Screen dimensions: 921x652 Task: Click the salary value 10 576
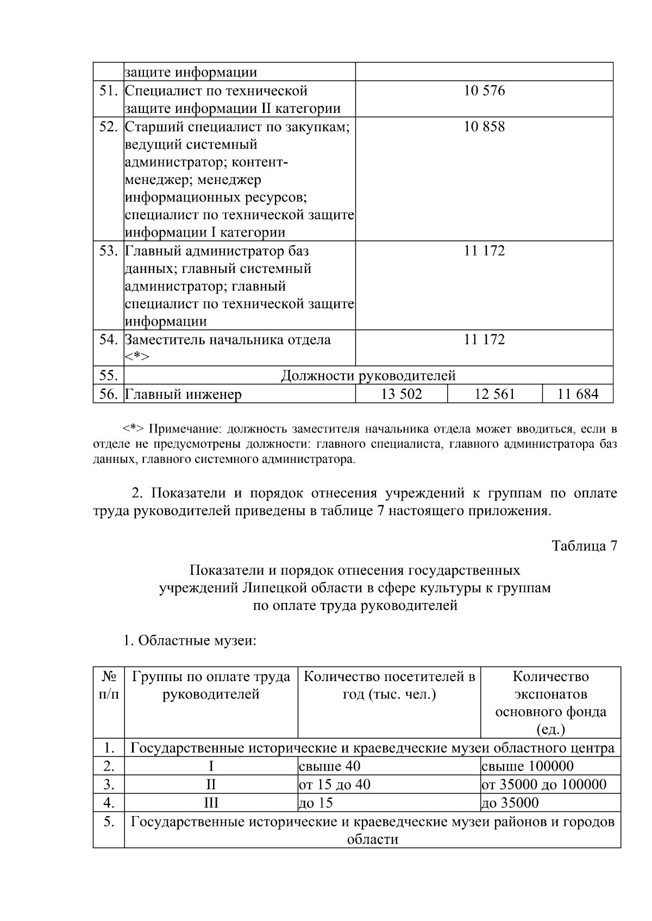pyautogui.click(x=484, y=91)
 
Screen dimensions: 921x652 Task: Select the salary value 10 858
pyautogui.click(x=484, y=127)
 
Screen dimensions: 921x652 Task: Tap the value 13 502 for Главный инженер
pyautogui.click(x=401, y=394)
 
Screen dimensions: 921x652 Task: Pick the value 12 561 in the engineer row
pyautogui.click(x=494, y=394)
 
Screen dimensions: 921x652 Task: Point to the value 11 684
pyautogui.click(x=578, y=394)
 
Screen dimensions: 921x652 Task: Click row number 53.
pyautogui.click(x=109, y=251)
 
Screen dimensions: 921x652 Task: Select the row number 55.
pyautogui.click(x=109, y=376)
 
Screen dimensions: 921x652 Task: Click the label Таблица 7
pyautogui.click(x=584, y=546)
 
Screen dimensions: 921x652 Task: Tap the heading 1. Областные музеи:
pyautogui.click(x=190, y=641)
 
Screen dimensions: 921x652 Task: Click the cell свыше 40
pyautogui.click(x=330, y=766)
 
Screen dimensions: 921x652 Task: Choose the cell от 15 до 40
pyautogui.click(x=335, y=785)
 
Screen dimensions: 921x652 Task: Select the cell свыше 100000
pyautogui.click(x=527, y=766)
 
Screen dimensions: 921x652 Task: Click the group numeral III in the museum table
pyautogui.click(x=211, y=803)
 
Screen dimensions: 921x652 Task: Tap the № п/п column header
pyautogui.click(x=109, y=685)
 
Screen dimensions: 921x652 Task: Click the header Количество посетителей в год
pyautogui.click(x=389, y=685)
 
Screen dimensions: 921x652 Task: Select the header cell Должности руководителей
pyautogui.click(x=368, y=376)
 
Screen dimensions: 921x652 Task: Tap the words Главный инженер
pyautogui.click(x=183, y=395)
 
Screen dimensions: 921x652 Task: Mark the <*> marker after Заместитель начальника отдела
pyautogui.click(x=136, y=357)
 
